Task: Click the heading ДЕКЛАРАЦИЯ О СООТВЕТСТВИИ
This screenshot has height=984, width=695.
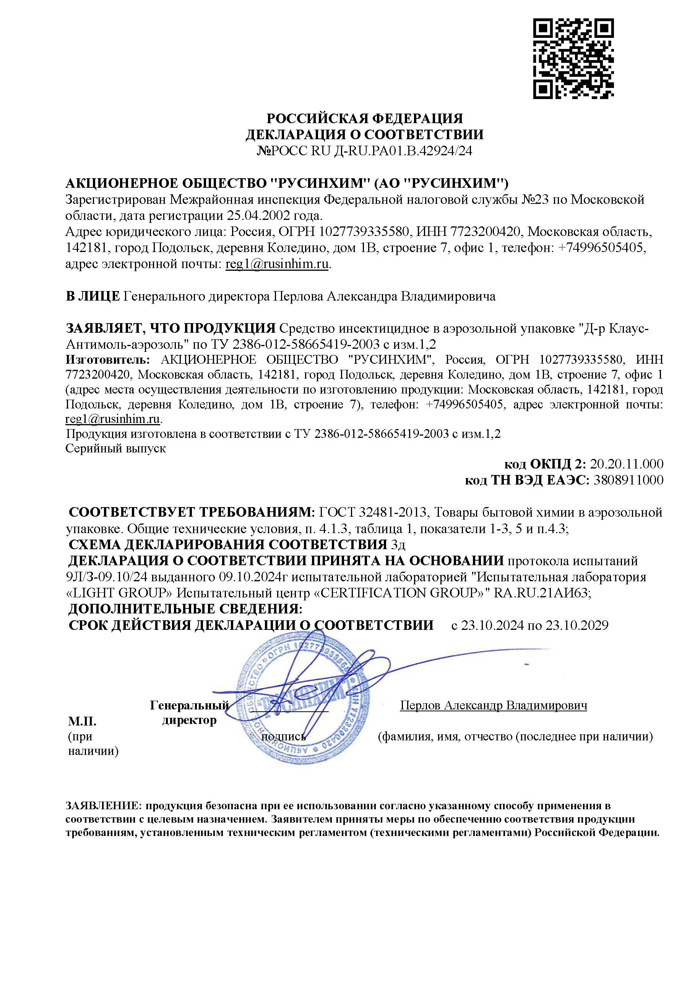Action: coord(364,135)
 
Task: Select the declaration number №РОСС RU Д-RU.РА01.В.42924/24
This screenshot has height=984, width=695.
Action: coord(364,151)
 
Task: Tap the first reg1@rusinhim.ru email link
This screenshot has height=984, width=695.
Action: coord(277,264)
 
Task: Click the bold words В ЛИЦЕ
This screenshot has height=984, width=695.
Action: coord(93,296)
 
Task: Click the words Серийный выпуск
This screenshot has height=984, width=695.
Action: coord(116,448)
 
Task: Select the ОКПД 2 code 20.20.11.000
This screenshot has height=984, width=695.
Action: coord(627,464)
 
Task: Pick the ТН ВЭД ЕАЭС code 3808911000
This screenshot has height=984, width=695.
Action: coord(628,480)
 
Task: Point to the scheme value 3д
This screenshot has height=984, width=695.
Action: coord(398,545)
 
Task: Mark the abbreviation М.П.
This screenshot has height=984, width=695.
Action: coord(82,721)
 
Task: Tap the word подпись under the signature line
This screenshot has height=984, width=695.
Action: coord(283,737)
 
